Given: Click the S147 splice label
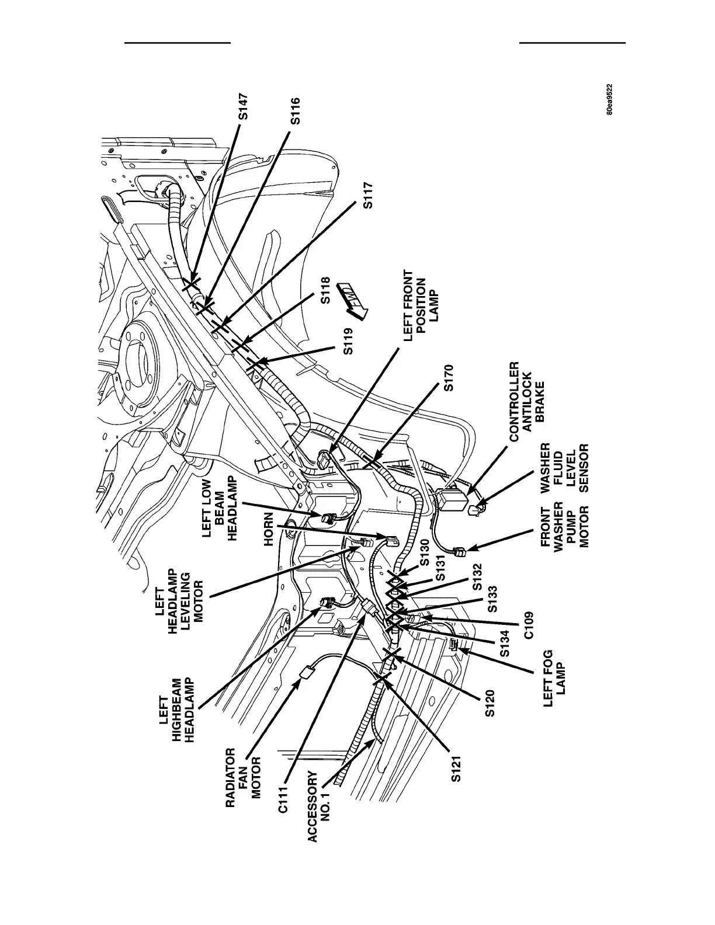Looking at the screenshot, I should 244,107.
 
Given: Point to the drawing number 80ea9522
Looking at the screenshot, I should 610,100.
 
